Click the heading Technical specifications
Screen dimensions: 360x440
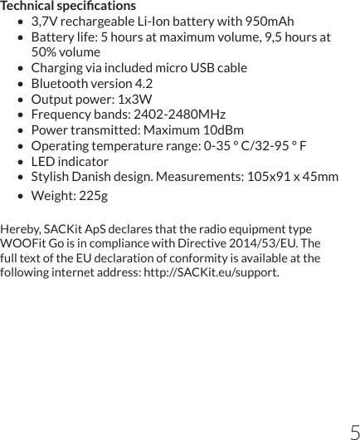coord(68,7)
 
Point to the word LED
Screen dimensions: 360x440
coord(44,162)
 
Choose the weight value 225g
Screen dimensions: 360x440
coord(92,196)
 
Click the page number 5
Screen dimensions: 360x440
coord(354,431)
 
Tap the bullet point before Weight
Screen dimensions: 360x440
coord(19,196)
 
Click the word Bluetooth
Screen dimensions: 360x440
coord(60,84)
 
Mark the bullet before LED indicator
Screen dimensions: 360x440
coord(19,162)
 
